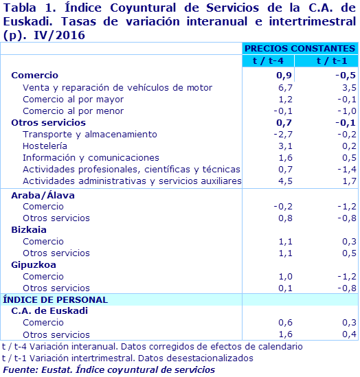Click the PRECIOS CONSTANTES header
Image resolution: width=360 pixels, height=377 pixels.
point(300,49)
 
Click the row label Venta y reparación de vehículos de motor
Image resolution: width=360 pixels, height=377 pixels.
point(117,88)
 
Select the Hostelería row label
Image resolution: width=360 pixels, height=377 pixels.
point(45,146)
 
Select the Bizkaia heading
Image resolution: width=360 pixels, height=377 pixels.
point(29,230)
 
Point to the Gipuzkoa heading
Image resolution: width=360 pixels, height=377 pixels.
point(34,265)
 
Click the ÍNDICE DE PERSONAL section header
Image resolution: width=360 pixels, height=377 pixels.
point(56,299)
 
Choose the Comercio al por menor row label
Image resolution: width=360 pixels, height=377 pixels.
point(64,111)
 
